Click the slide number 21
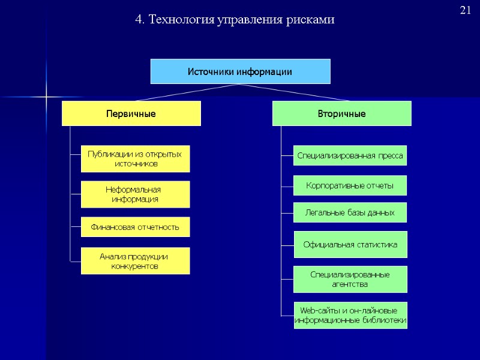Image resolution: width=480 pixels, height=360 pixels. click(x=466, y=10)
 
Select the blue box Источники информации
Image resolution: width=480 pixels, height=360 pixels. click(x=240, y=72)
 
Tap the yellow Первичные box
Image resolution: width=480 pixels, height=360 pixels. click(x=131, y=113)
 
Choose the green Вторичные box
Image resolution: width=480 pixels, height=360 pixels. click(x=342, y=113)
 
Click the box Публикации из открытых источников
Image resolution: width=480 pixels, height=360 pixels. click(x=135, y=159)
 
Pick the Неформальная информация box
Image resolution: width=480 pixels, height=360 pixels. click(x=135, y=194)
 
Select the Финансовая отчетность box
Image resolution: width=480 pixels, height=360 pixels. click(x=135, y=227)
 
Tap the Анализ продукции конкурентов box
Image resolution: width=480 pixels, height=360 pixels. click(x=135, y=261)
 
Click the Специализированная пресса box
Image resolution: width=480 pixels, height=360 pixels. click(x=350, y=156)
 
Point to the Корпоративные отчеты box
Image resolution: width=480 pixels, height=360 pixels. click(x=350, y=186)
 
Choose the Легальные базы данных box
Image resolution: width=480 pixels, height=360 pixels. click(x=350, y=212)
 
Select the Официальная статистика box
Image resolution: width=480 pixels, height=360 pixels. click(x=350, y=245)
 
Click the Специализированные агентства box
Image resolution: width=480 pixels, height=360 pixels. click(x=350, y=279)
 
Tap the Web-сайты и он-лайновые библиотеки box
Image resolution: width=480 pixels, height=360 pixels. click(x=350, y=315)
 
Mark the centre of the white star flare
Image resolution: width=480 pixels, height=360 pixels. click(x=46, y=96)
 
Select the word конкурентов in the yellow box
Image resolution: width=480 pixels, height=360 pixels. click(x=135, y=266)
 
